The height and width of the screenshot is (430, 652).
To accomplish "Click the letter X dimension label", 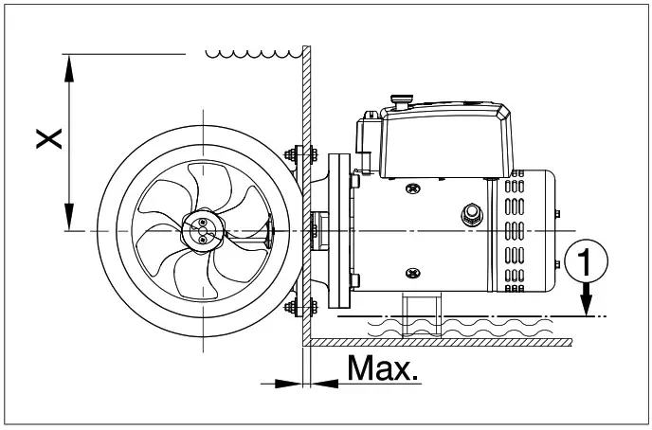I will tap(49, 138).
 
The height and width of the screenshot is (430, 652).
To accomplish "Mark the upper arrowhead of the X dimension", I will tap(69, 63).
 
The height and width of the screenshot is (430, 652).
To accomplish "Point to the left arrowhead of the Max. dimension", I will tap(284, 383).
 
